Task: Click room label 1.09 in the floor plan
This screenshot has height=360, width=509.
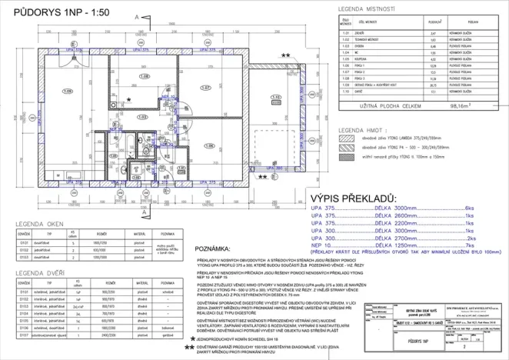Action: pos(46,91)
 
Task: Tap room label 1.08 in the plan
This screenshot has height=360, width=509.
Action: pos(144,77)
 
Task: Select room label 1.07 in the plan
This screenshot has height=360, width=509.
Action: pos(205,87)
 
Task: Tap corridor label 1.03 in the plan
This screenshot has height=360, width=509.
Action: pos(141,117)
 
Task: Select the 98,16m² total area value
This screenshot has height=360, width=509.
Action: pos(463,108)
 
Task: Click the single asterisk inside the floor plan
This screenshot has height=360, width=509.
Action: pos(129,99)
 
